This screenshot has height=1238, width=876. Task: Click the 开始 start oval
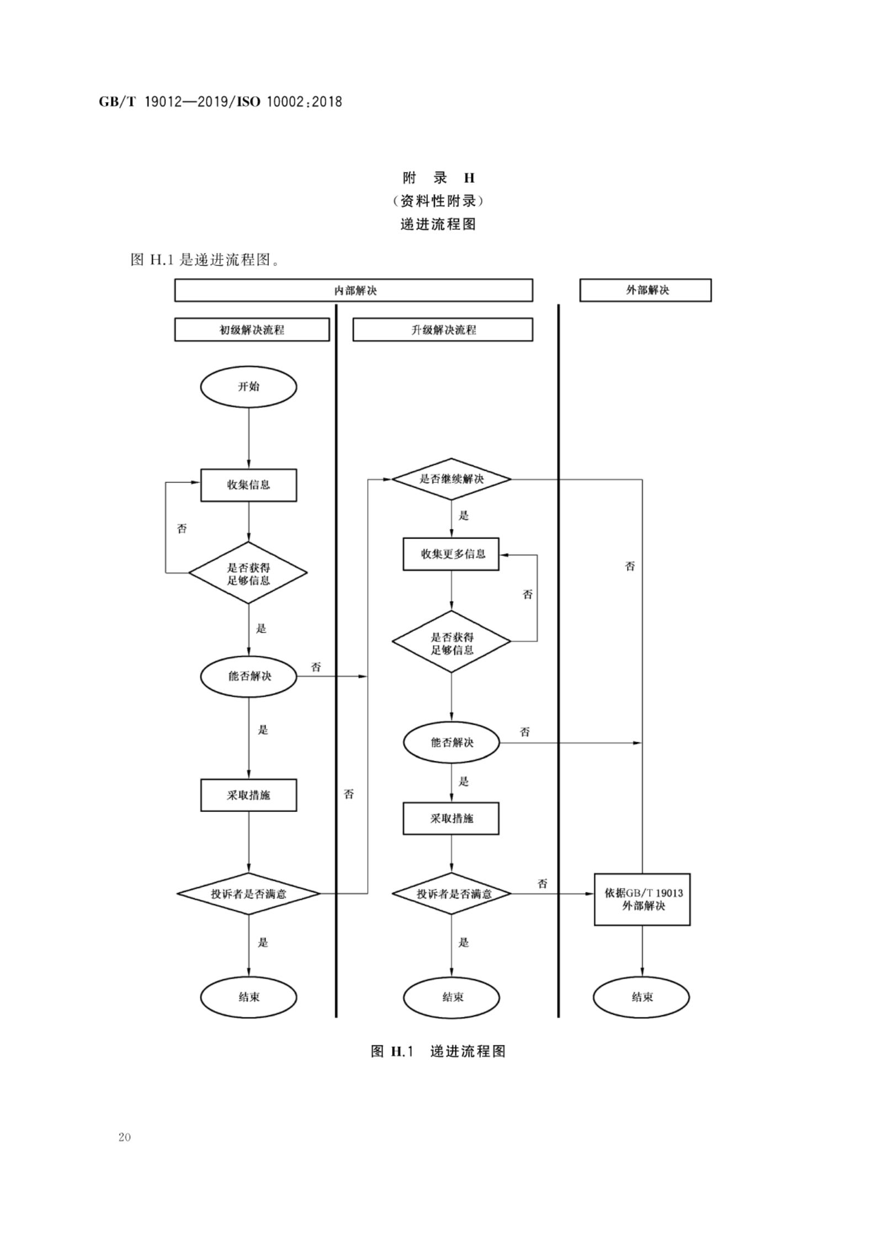tap(248, 386)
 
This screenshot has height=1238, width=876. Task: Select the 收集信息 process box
tap(248, 485)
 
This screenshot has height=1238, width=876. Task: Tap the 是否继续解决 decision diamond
tap(451, 479)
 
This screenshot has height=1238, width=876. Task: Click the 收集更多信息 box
tap(451, 554)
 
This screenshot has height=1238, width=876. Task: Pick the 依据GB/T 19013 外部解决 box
tap(642, 899)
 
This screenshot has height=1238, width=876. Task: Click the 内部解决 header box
tap(353, 290)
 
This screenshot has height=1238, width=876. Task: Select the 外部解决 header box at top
tap(645, 290)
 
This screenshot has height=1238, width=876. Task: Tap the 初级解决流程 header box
tap(252, 330)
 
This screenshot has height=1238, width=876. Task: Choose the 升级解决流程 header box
tap(443, 330)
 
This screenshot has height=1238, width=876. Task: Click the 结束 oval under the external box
tap(641, 997)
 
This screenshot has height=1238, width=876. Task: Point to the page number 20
tap(124, 1136)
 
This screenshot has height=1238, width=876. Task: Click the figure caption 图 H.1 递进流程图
tap(438, 1051)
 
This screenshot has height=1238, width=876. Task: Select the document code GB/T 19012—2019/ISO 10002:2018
tap(220, 102)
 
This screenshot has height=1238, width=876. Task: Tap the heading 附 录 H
tap(438, 178)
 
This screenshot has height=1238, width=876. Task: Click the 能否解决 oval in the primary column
tap(248, 676)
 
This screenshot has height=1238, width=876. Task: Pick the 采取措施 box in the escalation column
tap(451, 818)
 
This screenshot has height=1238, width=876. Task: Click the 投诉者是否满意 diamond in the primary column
tap(248, 893)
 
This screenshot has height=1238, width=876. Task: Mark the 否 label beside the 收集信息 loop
tap(182, 529)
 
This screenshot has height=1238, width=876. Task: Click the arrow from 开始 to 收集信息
tap(248, 438)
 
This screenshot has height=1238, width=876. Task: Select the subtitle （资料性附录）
tap(438, 201)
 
